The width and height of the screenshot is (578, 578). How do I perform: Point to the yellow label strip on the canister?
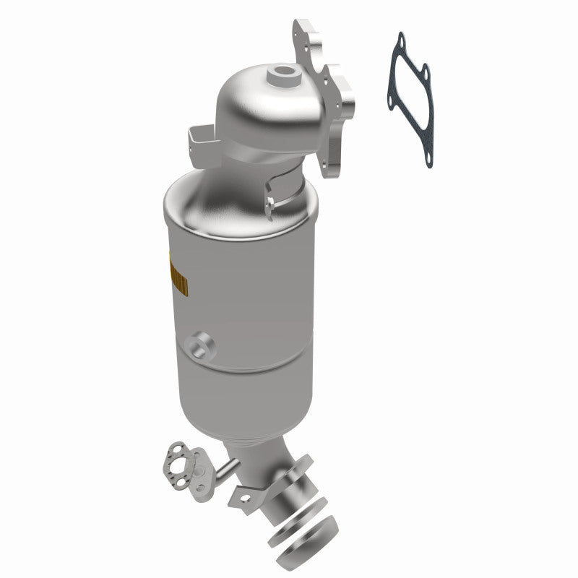176,277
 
